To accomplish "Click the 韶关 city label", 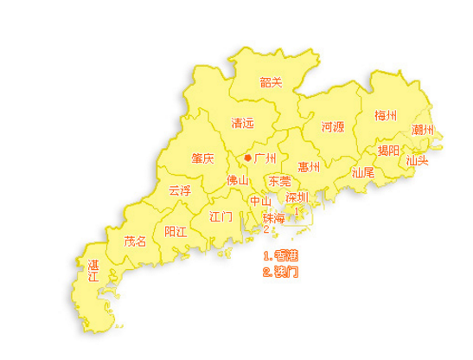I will [x=272, y=83].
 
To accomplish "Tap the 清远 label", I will [x=243, y=123].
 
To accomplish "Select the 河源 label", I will [x=333, y=126].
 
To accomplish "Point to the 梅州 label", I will [x=386, y=115].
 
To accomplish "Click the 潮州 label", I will [x=423, y=129].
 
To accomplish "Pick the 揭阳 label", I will [x=389, y=150].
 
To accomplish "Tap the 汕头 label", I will [x=418, y=160].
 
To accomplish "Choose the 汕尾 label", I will [x=363, y=171].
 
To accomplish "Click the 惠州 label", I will [x=309, y=166].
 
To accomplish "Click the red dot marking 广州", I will [x=248, y=158].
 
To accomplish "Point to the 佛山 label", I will [x=237, y=181].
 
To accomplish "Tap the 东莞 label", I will [x=279, y=182].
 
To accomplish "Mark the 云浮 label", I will [x=180, y=189].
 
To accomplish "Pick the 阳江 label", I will [x=176, y=231].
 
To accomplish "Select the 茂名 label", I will [x=136, y=241].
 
